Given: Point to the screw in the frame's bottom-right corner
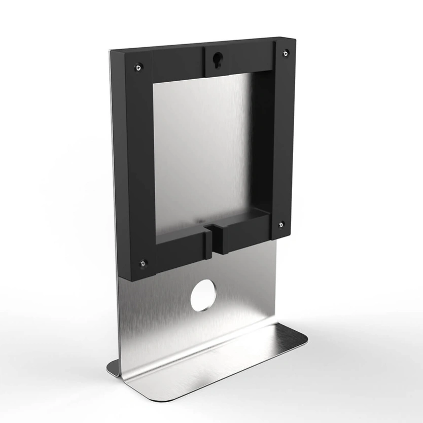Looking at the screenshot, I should coord(281,224).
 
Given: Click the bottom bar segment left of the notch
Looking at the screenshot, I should coord(178,251).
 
